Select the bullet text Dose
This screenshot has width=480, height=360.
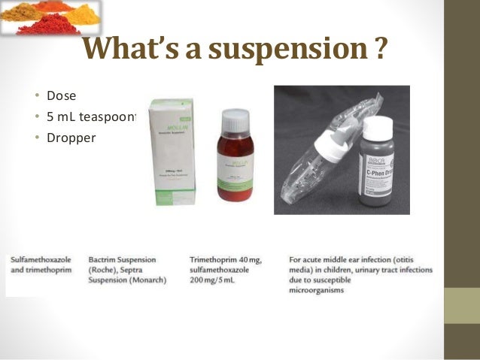[62, 97]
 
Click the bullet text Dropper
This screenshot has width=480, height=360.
[71, 138]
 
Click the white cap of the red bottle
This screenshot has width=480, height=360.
[235, 119]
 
